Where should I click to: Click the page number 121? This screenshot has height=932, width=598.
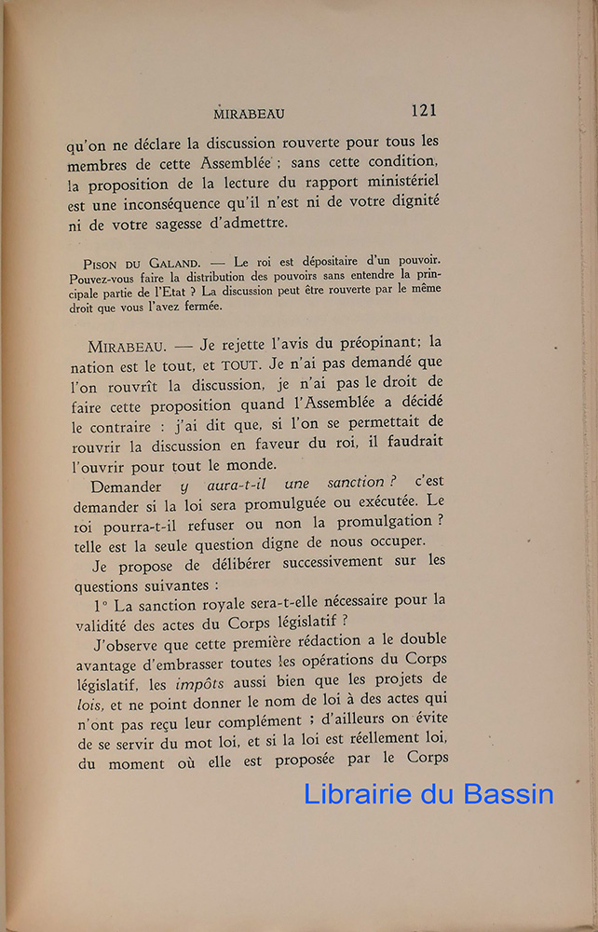pos(423,111)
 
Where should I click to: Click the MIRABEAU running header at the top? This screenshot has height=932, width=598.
pos(249,114)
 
